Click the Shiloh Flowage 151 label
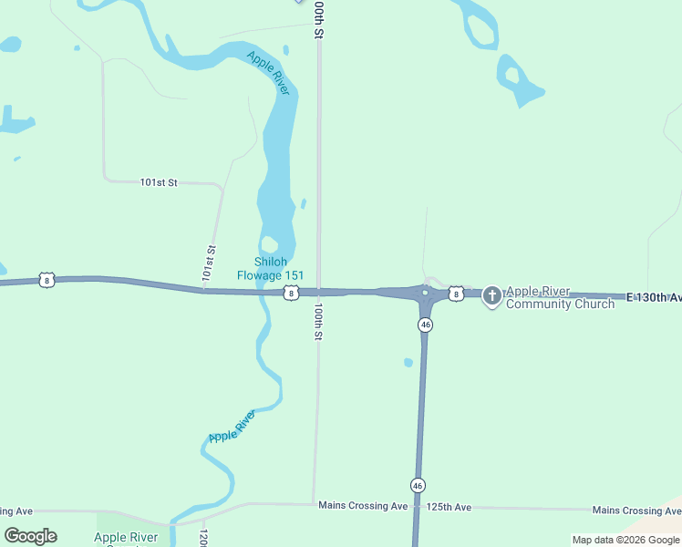click(270, 269)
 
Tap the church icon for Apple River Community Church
click(492, 295)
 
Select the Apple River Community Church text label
click(560, 298)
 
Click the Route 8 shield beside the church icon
click(455, 293)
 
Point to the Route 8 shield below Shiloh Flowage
click(290, 293)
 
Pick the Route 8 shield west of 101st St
click(47, 280)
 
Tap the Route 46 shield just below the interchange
click(426, 325)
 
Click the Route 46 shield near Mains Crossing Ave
click(418, 485)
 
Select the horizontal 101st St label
click(159, 182)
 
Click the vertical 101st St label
click(209, 262)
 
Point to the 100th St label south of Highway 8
click(318, 323)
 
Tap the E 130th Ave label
click(654, 297)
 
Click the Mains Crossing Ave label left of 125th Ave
click(363, 505)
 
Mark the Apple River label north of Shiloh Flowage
click(269, 73)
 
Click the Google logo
click(30, 536)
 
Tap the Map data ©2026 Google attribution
click(625, 540)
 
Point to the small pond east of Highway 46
click(408, 362)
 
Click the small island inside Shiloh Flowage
click(269, 243)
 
